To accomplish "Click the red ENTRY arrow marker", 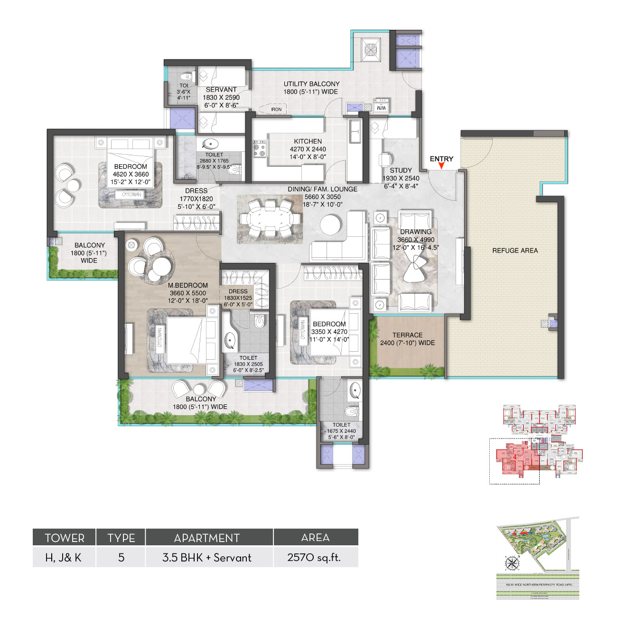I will pyautogui.click(x=441, y=166).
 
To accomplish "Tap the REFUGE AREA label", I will pyautogui.click(x=515, y=251).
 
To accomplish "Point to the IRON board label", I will pyautogui.click(x=276, y=110).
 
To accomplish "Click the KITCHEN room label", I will pyautogui.click(x=308, y=141).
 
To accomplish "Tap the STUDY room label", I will pyautogui.click(x=401, y=170).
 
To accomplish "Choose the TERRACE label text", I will pyautogui.click(x=407, y=335).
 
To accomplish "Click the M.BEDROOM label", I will pyautogui.click(x=188, y=285).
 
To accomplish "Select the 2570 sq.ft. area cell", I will pyautogui.click(x=315, y=557).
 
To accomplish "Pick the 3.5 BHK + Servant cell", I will pyautogui.click(x=207, y=557).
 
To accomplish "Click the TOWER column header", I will pyautogui.click(x=65, y=538).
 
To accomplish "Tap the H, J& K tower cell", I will pyautogui.click(x=64, y=557).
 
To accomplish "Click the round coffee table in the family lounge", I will pyautogui.click(x=330, y=224).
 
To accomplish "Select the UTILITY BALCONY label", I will pyautogui.click(x=311, y=84).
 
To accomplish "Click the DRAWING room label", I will pyautogui.click(x=416, y=232).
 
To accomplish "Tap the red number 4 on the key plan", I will pyautogui.click(x=514, y=457).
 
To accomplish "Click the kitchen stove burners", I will pyautogui.click(x=259, y=148).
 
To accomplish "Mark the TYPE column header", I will pyautogui.click(x=121, y=538).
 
